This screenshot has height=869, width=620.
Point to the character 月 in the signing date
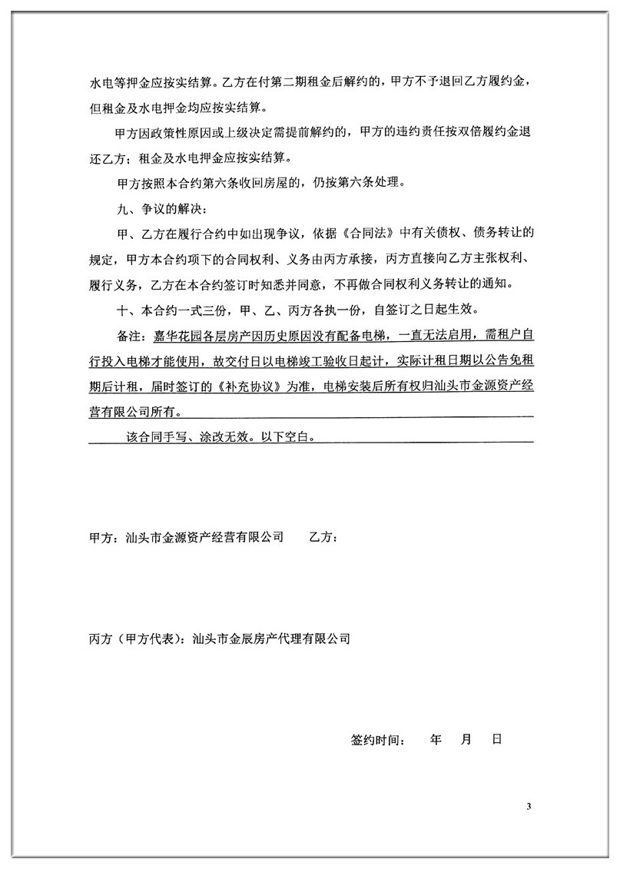[x=466, y=740]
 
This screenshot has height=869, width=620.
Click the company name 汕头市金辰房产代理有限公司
[x=272, y=638]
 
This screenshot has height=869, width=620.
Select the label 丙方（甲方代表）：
[x=139, y=638]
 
